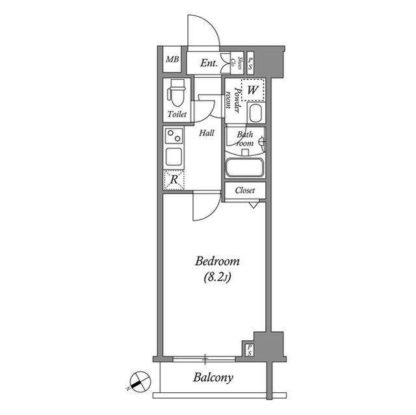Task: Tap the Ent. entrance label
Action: tap(209, 63)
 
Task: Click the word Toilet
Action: tap(177, 114)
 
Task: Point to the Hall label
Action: tap(207, 132)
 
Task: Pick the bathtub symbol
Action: tap(244, 168)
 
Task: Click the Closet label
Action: tap(244, 190)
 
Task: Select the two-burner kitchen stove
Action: tap(174, 137)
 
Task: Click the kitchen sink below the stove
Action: tap(174, 157)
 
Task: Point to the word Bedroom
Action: tap(218, 262)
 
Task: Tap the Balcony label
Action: tap(213, 377)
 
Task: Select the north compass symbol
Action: tap(137, 381)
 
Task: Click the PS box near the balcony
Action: tap(250, 349)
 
